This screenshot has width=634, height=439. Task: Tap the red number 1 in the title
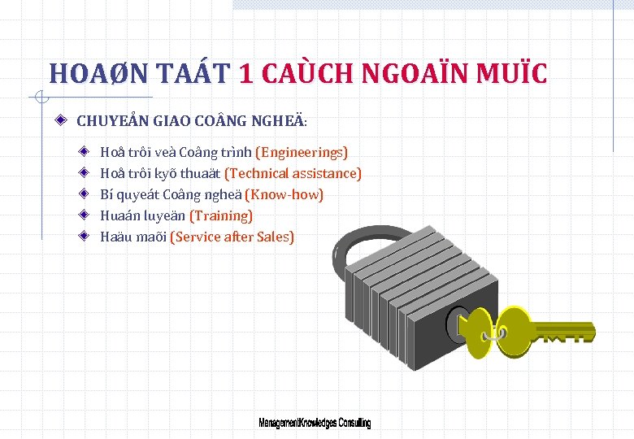pos(248,75)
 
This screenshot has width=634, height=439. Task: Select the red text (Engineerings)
pos(302,152)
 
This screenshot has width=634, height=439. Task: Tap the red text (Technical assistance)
pos(293,173)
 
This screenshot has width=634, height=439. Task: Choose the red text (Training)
pos(220,215)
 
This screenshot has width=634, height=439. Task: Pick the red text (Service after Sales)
pos(232,237)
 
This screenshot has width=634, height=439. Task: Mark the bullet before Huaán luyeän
pos(85,215)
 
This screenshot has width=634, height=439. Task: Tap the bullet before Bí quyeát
pos(85,194)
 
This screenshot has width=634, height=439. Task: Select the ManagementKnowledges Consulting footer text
pos(315,424)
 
